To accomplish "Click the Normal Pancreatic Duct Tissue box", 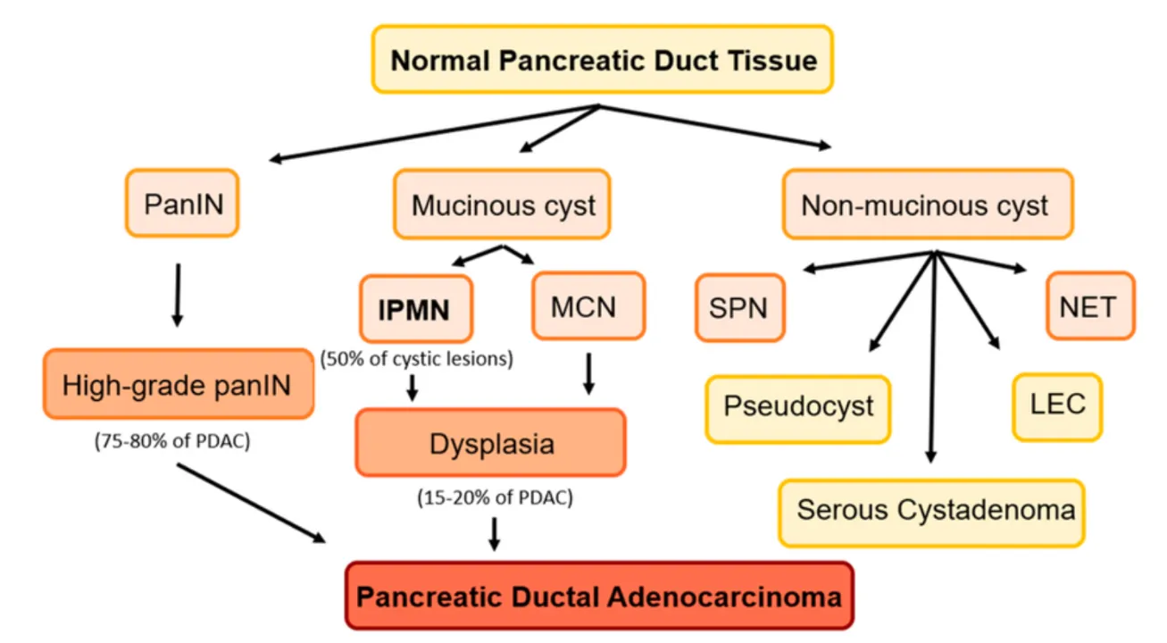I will (x=604, y=60).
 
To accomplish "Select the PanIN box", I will (x=183, y=204).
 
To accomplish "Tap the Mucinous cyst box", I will (x=502, y=205).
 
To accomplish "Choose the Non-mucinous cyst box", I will (x=927, y=205).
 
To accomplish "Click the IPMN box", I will (x=415, y=309).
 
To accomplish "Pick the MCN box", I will (x=588, y=306).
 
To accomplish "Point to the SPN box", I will (x=739, y=309).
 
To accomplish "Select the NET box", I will (x=1089, y=306).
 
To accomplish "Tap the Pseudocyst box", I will (x=797, y=408).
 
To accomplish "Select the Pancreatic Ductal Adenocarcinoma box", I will (x=598, y=596).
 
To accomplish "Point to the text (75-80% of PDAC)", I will (x=171, y=442).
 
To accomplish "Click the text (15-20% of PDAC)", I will (x=493, y=498).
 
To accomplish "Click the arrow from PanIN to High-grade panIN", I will (x=177, y=295).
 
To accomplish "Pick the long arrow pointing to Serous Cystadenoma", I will (x=932, y=357).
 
